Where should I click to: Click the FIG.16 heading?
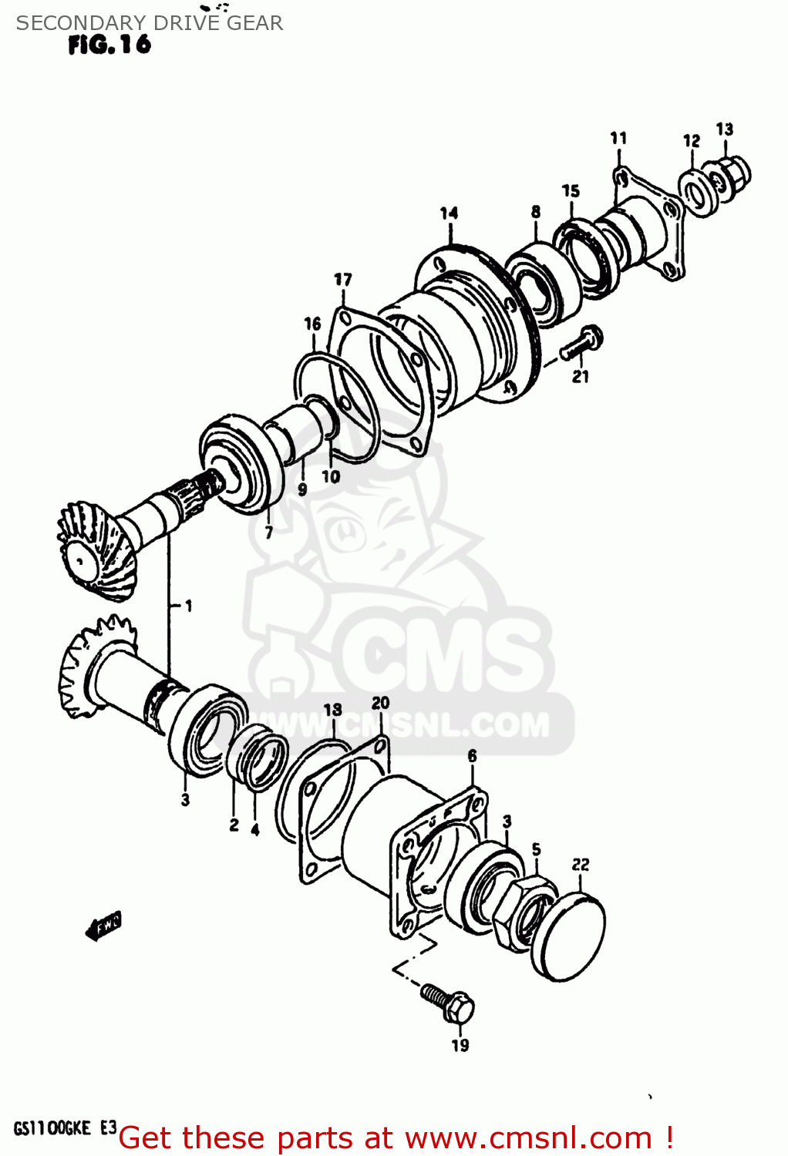coord(109,45)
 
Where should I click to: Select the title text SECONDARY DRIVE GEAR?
coord(150,23)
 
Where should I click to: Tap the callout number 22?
coord(581,865)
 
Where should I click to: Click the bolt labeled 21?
coord(582,344)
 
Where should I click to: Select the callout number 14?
coord(449,213)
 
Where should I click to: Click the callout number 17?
coord(342,280)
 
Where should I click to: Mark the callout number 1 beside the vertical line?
coord(187,607)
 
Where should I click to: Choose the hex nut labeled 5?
coord(524,909)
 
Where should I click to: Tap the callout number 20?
coord(380,703)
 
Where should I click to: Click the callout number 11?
coord(618,138)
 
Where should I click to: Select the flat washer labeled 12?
coord(699,191)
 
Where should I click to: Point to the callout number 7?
coord(268,533)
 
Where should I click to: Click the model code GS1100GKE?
coord(52,1129)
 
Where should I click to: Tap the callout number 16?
coord(312,324)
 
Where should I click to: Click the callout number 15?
coord(571,190)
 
